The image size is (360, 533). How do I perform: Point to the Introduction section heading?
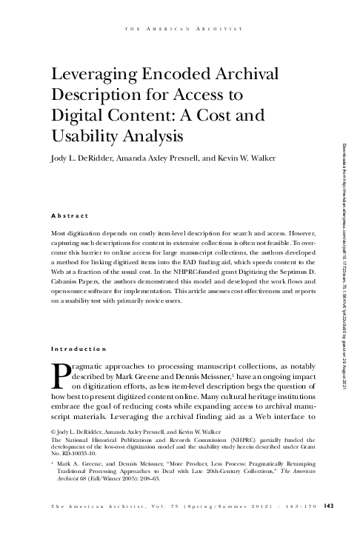coord(78,349)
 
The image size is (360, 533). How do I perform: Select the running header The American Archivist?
coord(181,29)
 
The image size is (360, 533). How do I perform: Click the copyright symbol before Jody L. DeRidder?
coord(52,430)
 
